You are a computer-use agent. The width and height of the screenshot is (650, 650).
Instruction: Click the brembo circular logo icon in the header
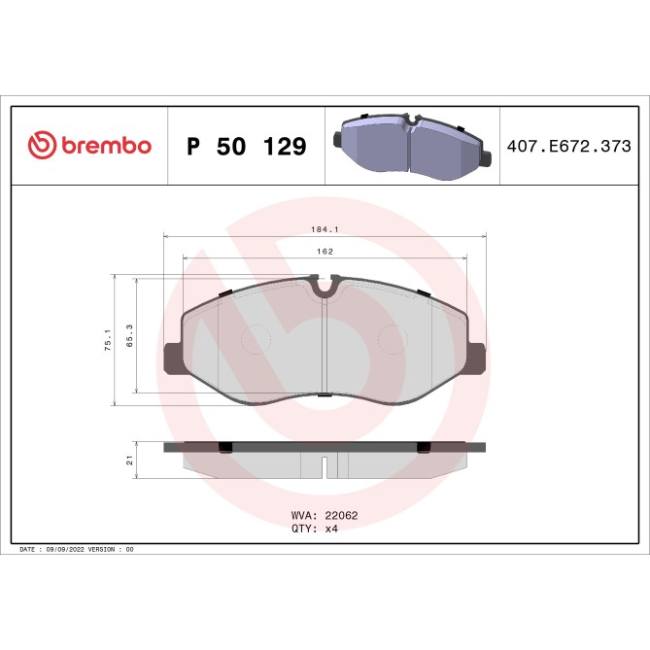(x=42, y=146)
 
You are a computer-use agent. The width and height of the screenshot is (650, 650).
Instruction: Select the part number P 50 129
(x=246, y=147)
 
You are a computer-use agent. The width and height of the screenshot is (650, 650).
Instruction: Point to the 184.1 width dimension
(x=325, y=230)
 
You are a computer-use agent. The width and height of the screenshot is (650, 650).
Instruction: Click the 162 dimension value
(x=325, y=252)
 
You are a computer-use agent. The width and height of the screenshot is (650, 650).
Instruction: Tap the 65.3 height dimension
(x=128, y=335)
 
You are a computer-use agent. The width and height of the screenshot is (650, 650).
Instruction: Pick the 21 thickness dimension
(x=129, y=460)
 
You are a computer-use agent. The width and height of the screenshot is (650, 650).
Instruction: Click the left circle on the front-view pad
(x=256, y=339)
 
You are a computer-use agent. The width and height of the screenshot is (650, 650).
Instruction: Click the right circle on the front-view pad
(x=393, y=339)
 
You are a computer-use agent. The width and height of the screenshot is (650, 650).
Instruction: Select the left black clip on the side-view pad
(x=224, y=447)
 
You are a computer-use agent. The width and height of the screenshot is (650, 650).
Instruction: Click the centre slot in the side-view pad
(x=324, y=467)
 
